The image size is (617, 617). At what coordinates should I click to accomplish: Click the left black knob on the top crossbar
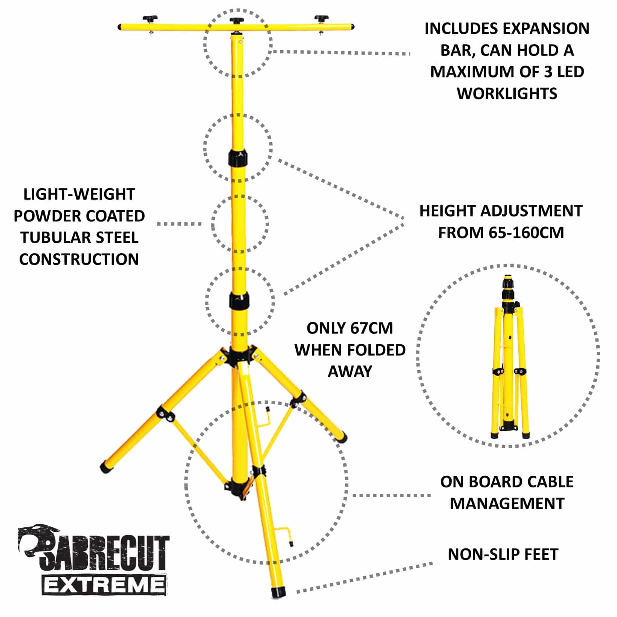150,19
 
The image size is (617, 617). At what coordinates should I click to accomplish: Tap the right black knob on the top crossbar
321,19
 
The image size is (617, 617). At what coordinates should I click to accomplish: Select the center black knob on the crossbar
237,20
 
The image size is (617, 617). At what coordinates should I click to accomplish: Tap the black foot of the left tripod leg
108,467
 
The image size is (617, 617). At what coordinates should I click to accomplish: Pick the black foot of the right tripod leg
341,436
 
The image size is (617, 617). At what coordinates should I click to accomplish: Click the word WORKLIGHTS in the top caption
507,93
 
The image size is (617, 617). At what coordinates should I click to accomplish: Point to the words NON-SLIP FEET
503,554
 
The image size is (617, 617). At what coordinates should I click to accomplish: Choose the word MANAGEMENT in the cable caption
507,503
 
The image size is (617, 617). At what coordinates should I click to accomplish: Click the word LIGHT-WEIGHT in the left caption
79,194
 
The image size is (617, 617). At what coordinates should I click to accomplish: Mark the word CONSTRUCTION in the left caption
79,259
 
